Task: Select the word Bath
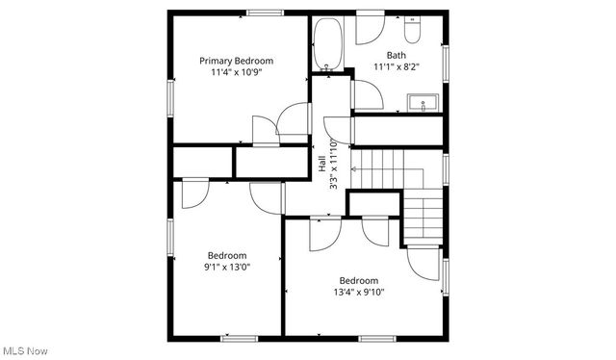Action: (396, 55)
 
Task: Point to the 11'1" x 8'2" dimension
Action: (396, 67)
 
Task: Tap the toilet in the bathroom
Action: (413, 32)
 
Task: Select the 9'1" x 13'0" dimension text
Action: (227, 268)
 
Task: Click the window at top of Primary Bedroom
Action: (265, 12)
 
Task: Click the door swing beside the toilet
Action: (371, 31)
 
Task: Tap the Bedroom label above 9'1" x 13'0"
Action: (227, 255)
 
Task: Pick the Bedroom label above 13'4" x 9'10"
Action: (359, 281)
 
